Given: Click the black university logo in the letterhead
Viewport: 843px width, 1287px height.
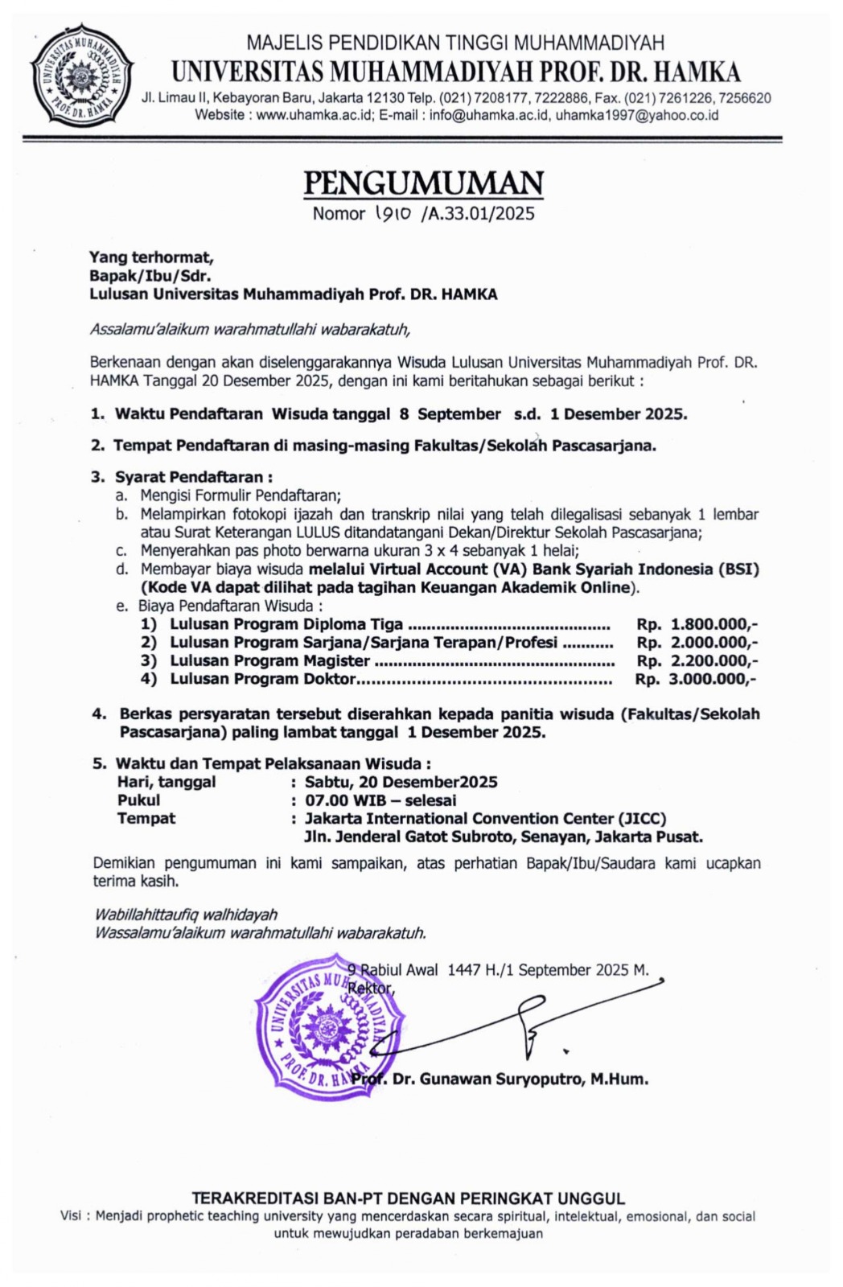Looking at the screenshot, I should (80, 76).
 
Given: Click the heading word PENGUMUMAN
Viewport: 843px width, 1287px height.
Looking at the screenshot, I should (423, 183).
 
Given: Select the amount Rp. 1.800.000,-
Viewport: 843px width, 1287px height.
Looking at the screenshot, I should (697, 624).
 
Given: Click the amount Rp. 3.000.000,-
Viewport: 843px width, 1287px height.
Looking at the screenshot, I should (697, 679).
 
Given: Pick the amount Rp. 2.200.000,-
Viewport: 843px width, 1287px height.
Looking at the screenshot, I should (697, 660).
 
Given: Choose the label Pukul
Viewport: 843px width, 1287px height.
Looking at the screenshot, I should (139, 800).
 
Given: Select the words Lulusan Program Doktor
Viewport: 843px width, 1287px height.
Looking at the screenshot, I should (262, 679).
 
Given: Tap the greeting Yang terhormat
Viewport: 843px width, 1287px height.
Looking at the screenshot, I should (151, 257).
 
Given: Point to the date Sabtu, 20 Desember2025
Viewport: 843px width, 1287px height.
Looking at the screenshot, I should (401, 782).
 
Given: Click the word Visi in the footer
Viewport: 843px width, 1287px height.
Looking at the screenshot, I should (72, 1216).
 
